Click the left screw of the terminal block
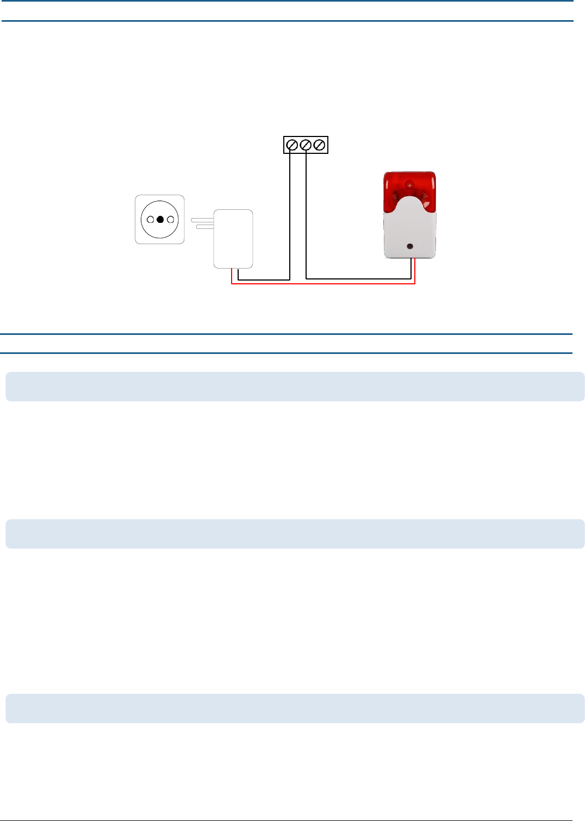click(292, 145)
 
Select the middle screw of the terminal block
click(306, 145)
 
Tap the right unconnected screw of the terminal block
click(320, 145)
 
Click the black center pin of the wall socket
click(160, 220)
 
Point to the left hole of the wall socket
click(150, 220)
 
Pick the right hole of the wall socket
click(170, 220)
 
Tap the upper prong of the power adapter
click(202, 220)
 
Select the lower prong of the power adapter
click(205, 227)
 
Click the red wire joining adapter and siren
click(326, 284)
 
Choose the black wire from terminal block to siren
click(359, 279)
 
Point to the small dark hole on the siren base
click(410, 247)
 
